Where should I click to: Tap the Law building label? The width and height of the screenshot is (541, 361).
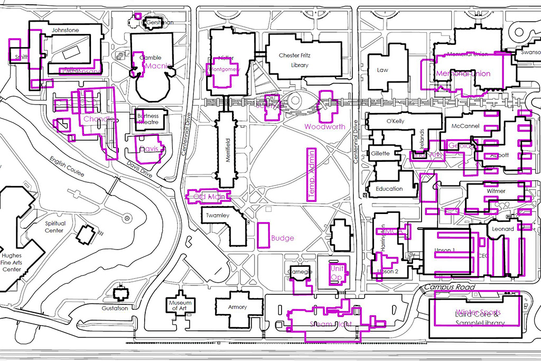tap(383, 70)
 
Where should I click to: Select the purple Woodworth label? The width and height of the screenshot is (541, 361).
tap(324, 127)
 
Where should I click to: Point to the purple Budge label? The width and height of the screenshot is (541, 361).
tap(282, 238)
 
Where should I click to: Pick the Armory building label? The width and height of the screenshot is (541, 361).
tap(237, 307)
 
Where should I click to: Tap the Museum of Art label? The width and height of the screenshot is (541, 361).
tap(181, 306)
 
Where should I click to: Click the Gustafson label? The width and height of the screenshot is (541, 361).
tap(116, 308)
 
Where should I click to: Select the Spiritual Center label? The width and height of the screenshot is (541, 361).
tap(54, 227)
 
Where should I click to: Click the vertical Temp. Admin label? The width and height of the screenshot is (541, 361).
tap(311, 174)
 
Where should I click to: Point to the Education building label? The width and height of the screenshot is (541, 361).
tap(389, 189)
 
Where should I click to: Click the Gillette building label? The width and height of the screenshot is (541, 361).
tap(380, 154)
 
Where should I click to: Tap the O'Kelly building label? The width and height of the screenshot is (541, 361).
tap(395, 122)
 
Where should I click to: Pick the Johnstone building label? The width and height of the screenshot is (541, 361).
tap(65, 31)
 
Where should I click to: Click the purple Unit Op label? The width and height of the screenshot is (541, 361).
tap(337, 273)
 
